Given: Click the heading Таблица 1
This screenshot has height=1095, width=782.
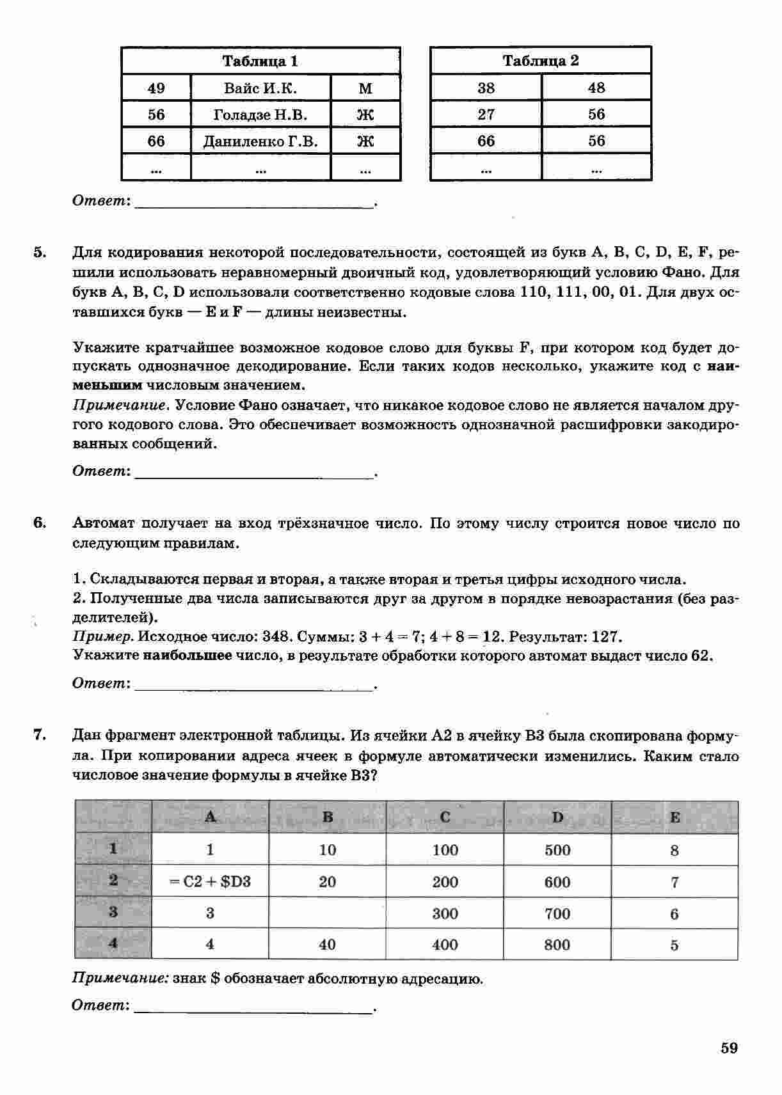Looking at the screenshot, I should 260,61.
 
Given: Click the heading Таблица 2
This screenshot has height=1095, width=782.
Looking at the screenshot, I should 541,61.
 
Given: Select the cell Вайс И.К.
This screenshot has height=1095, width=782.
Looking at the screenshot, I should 260,88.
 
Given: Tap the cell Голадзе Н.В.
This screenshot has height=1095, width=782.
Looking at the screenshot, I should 260,115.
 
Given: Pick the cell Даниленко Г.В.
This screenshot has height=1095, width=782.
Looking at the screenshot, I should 260,141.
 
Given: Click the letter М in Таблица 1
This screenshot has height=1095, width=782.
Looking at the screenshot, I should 365,88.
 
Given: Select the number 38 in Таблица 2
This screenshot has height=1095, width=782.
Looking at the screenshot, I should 486,88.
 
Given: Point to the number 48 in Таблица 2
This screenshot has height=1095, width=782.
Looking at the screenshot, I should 596,88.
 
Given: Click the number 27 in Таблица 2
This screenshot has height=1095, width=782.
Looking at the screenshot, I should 486,114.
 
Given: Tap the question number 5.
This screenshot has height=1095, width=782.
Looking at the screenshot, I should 40,252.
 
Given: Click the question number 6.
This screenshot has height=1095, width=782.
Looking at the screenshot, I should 40,523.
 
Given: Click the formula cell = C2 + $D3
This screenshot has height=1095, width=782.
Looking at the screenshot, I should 210,881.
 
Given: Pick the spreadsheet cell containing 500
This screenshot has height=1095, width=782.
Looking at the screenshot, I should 557,850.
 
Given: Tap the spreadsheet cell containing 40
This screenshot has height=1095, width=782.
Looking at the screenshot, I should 327,945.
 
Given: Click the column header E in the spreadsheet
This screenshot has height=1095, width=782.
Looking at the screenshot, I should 674,817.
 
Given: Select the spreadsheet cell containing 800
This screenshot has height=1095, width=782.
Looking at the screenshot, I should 557,945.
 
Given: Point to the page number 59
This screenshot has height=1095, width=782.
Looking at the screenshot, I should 729,1048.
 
